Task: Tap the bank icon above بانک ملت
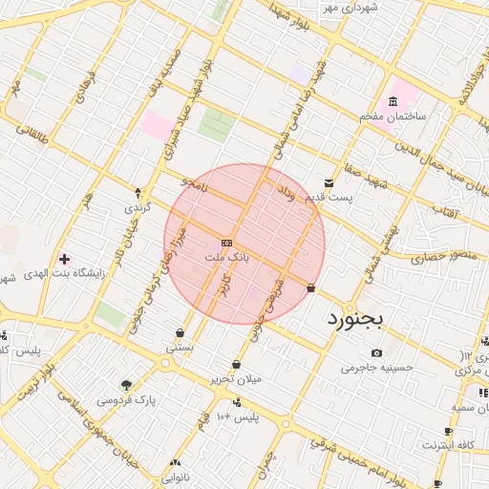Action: pos(226,243)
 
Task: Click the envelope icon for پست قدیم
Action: pos(329,183)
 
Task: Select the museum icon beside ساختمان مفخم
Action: pos(393,102)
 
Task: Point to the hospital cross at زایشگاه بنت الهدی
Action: pos(64,259)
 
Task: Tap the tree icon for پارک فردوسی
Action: pos(125,384)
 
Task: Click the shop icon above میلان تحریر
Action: pos(236,364)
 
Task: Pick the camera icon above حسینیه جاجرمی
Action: pos(375,352)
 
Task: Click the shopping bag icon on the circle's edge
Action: pos(311,287)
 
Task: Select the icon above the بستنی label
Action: pos(180,332)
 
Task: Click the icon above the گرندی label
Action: pos(138,193)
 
